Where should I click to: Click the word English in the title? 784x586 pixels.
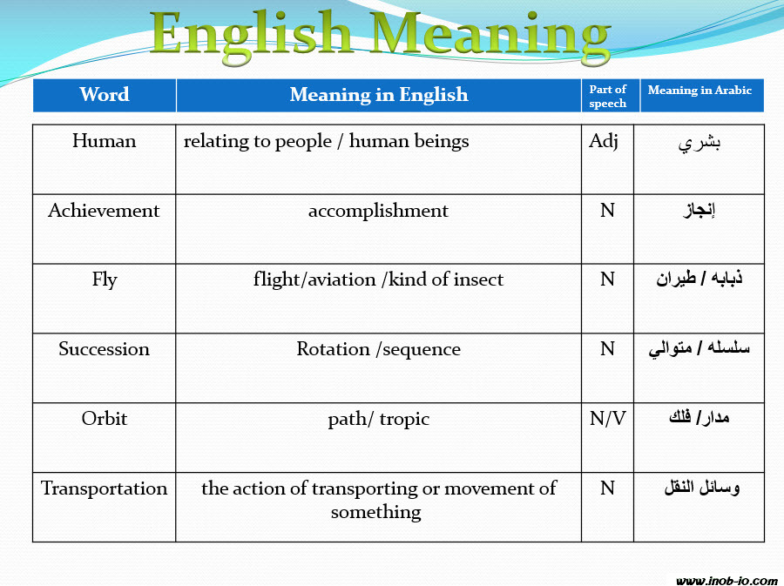[251, 34]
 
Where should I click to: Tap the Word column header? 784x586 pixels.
[105, 94]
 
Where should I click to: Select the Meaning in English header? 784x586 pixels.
[379, 94]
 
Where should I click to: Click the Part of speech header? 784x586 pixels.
[607, 96]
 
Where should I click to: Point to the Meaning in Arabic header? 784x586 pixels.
[700, 90]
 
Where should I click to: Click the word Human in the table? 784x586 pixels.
[104, 141]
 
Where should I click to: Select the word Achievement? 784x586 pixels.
[104, 211]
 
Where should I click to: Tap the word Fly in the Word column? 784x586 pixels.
[105, 280]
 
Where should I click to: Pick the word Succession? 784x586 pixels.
[104, 348]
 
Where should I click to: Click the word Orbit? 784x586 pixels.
[105, 418]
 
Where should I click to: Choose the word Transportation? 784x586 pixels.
[104, 488]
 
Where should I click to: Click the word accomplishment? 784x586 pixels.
[378, 211]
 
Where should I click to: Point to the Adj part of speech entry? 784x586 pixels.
[604, 141]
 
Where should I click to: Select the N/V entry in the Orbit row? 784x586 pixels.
[607, 418]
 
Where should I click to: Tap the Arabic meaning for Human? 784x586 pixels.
[699, 144]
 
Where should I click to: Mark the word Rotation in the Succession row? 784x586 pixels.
[333, 348]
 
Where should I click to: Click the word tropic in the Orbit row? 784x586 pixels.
[404, 419]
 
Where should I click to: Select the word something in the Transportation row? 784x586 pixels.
[376, 512]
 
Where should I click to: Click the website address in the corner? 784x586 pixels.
[727, 581]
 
